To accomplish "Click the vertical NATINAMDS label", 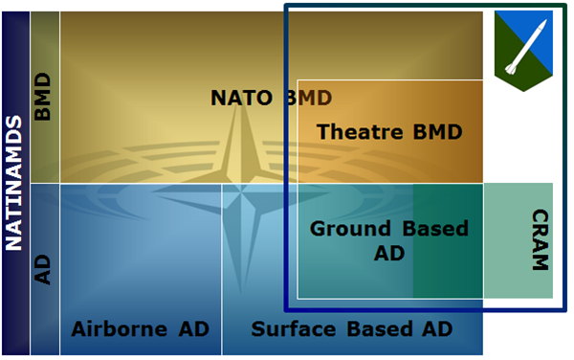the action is [x=14, y=183].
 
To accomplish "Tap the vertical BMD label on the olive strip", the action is [x=42, y=97].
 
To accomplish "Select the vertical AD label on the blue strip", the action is [x=42, y=270].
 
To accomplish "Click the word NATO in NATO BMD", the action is [x=242, y=98].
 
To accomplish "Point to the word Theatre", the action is [x=359, y=132].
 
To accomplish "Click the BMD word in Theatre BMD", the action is [x=437, y=132].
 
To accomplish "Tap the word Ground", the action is [x=350, y=229].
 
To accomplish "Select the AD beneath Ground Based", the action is [x=389, y=253].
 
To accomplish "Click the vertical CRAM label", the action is [x=541, y=240].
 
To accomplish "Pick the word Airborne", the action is [x=120, y=328].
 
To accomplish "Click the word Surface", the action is [x=294, y=328].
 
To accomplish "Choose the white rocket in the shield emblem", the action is [x=526, y=47].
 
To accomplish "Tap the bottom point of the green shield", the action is [x=523, y=91].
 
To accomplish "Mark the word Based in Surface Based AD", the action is [x=379, y=328].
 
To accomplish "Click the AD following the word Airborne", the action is [x=193, y=328].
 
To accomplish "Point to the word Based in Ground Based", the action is [x=435, y=229].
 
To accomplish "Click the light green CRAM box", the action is [x=518, y=240].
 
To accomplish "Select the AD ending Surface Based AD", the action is [x=437, y=328].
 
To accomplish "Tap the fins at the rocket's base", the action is [x=510, y=69].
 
